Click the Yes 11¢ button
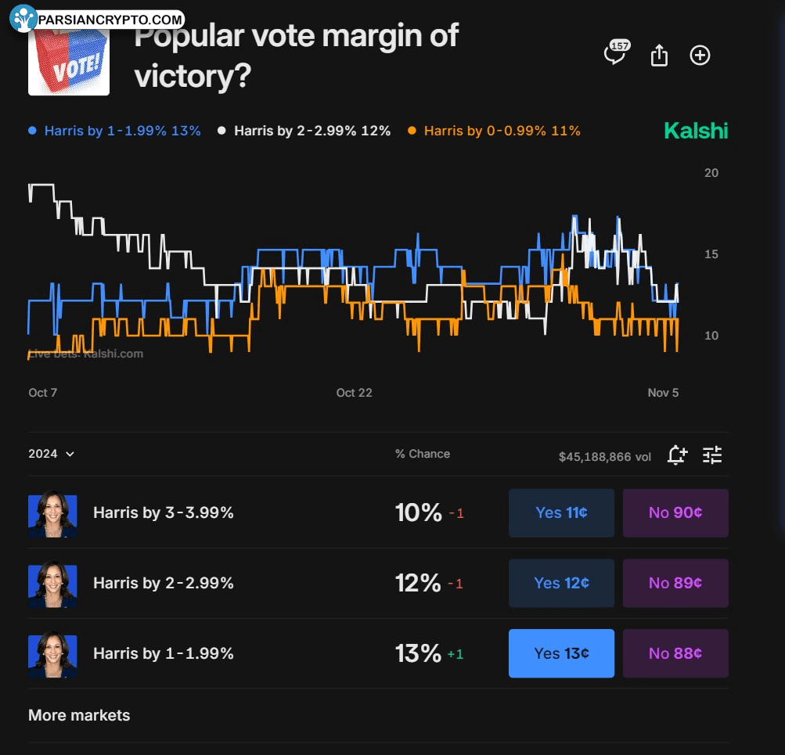click(x=561, y=513)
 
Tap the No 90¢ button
click(x=675, y=513)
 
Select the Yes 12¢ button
click(x=561, y=583)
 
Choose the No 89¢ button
click(x=675, y=583)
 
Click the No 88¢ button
click(x=675, y=653)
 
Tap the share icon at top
click(x=659, y=56)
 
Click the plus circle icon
click(x=700, y=56)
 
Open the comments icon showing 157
click(x=616, y=54)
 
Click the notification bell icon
click(x=677, y=455)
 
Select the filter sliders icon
click(x=712, y=455)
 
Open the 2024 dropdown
click(x=51, y=454)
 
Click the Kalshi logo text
click(x=696, y=131)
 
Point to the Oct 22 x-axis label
click(x=355, y=393)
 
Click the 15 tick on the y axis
click(x=711, y=254)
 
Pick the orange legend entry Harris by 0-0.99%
click(x=495, y=131)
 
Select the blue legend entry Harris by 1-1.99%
click(x=115, y=131)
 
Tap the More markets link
click(x=79, y=715)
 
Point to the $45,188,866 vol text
click(x=604, y=457)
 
